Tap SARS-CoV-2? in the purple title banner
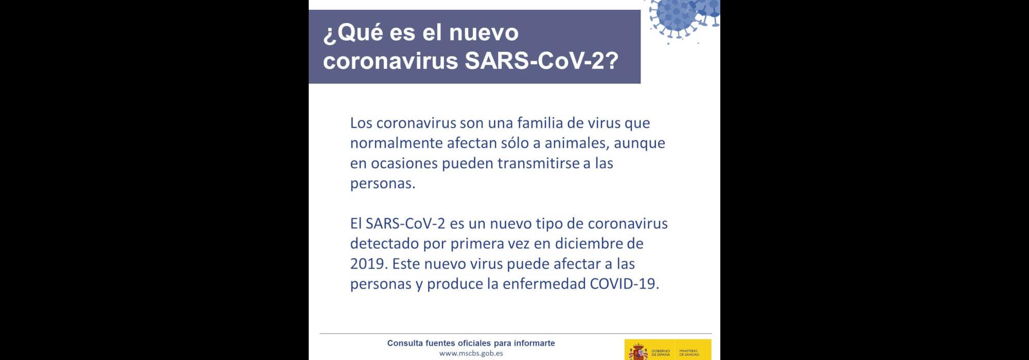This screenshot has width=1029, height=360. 541,61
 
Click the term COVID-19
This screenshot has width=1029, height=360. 624,284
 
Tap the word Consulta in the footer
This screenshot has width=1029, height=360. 405,343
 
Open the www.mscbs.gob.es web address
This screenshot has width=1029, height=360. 471,353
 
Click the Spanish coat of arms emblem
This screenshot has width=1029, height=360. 638,352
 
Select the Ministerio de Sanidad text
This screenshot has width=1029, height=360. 689,353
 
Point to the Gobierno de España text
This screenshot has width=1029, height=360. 661,353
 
